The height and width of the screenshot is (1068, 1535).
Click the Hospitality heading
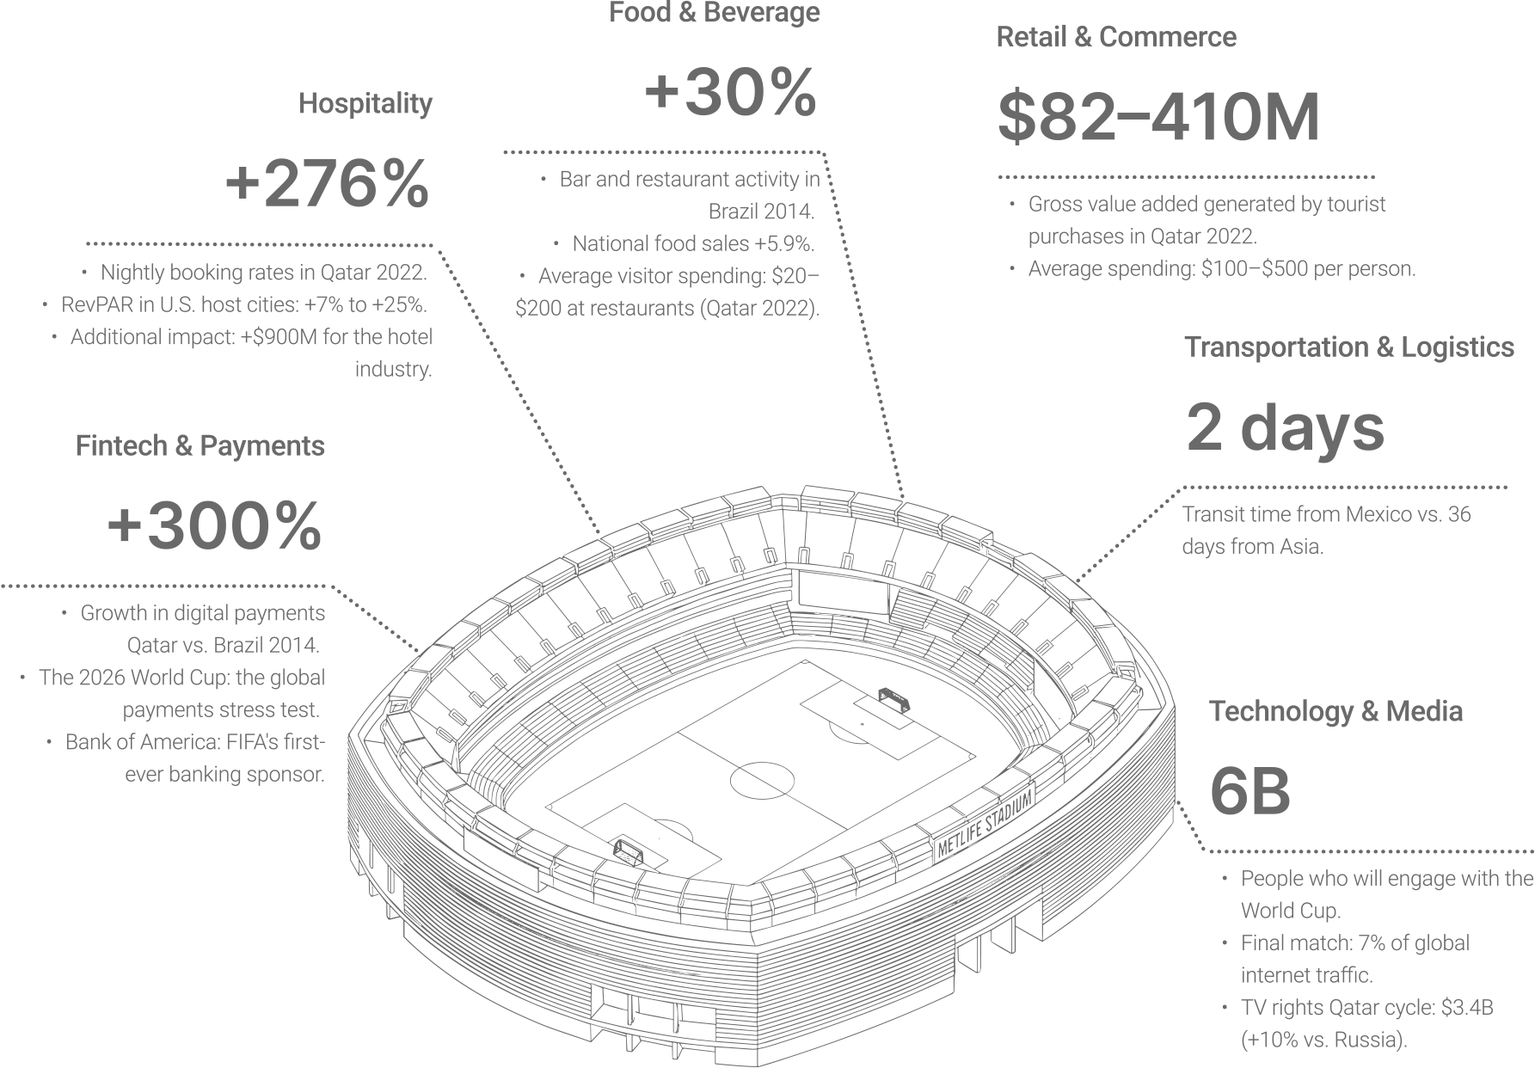point(365,104)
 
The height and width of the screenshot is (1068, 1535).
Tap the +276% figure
point(327,183)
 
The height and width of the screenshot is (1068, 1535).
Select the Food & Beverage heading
point(715,13)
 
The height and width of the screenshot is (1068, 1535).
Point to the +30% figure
point(730,92)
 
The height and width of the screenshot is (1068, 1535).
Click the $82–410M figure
point(1158,117)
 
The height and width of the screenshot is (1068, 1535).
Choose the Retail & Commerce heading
point(1116,37)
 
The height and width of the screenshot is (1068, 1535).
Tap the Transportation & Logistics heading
point(1349,347)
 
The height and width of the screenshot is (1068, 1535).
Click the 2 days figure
point(1286,427)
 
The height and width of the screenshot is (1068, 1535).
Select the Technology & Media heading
point(1335,711)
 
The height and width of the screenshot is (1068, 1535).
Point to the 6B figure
point(1250,792)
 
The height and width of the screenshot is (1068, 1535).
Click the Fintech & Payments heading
point(200,446)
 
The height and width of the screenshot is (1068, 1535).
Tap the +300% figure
point(214,526)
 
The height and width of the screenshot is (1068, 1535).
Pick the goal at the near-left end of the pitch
point(628,852)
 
